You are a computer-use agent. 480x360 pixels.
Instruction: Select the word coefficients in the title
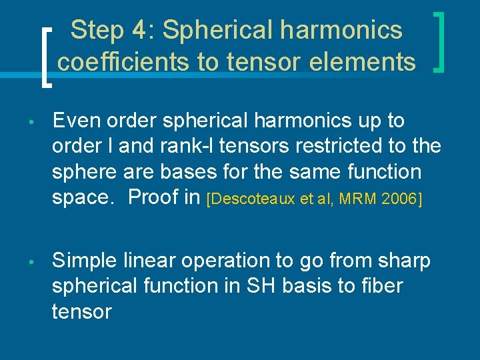point(125,62)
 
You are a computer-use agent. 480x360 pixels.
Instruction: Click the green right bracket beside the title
point(439,40)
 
